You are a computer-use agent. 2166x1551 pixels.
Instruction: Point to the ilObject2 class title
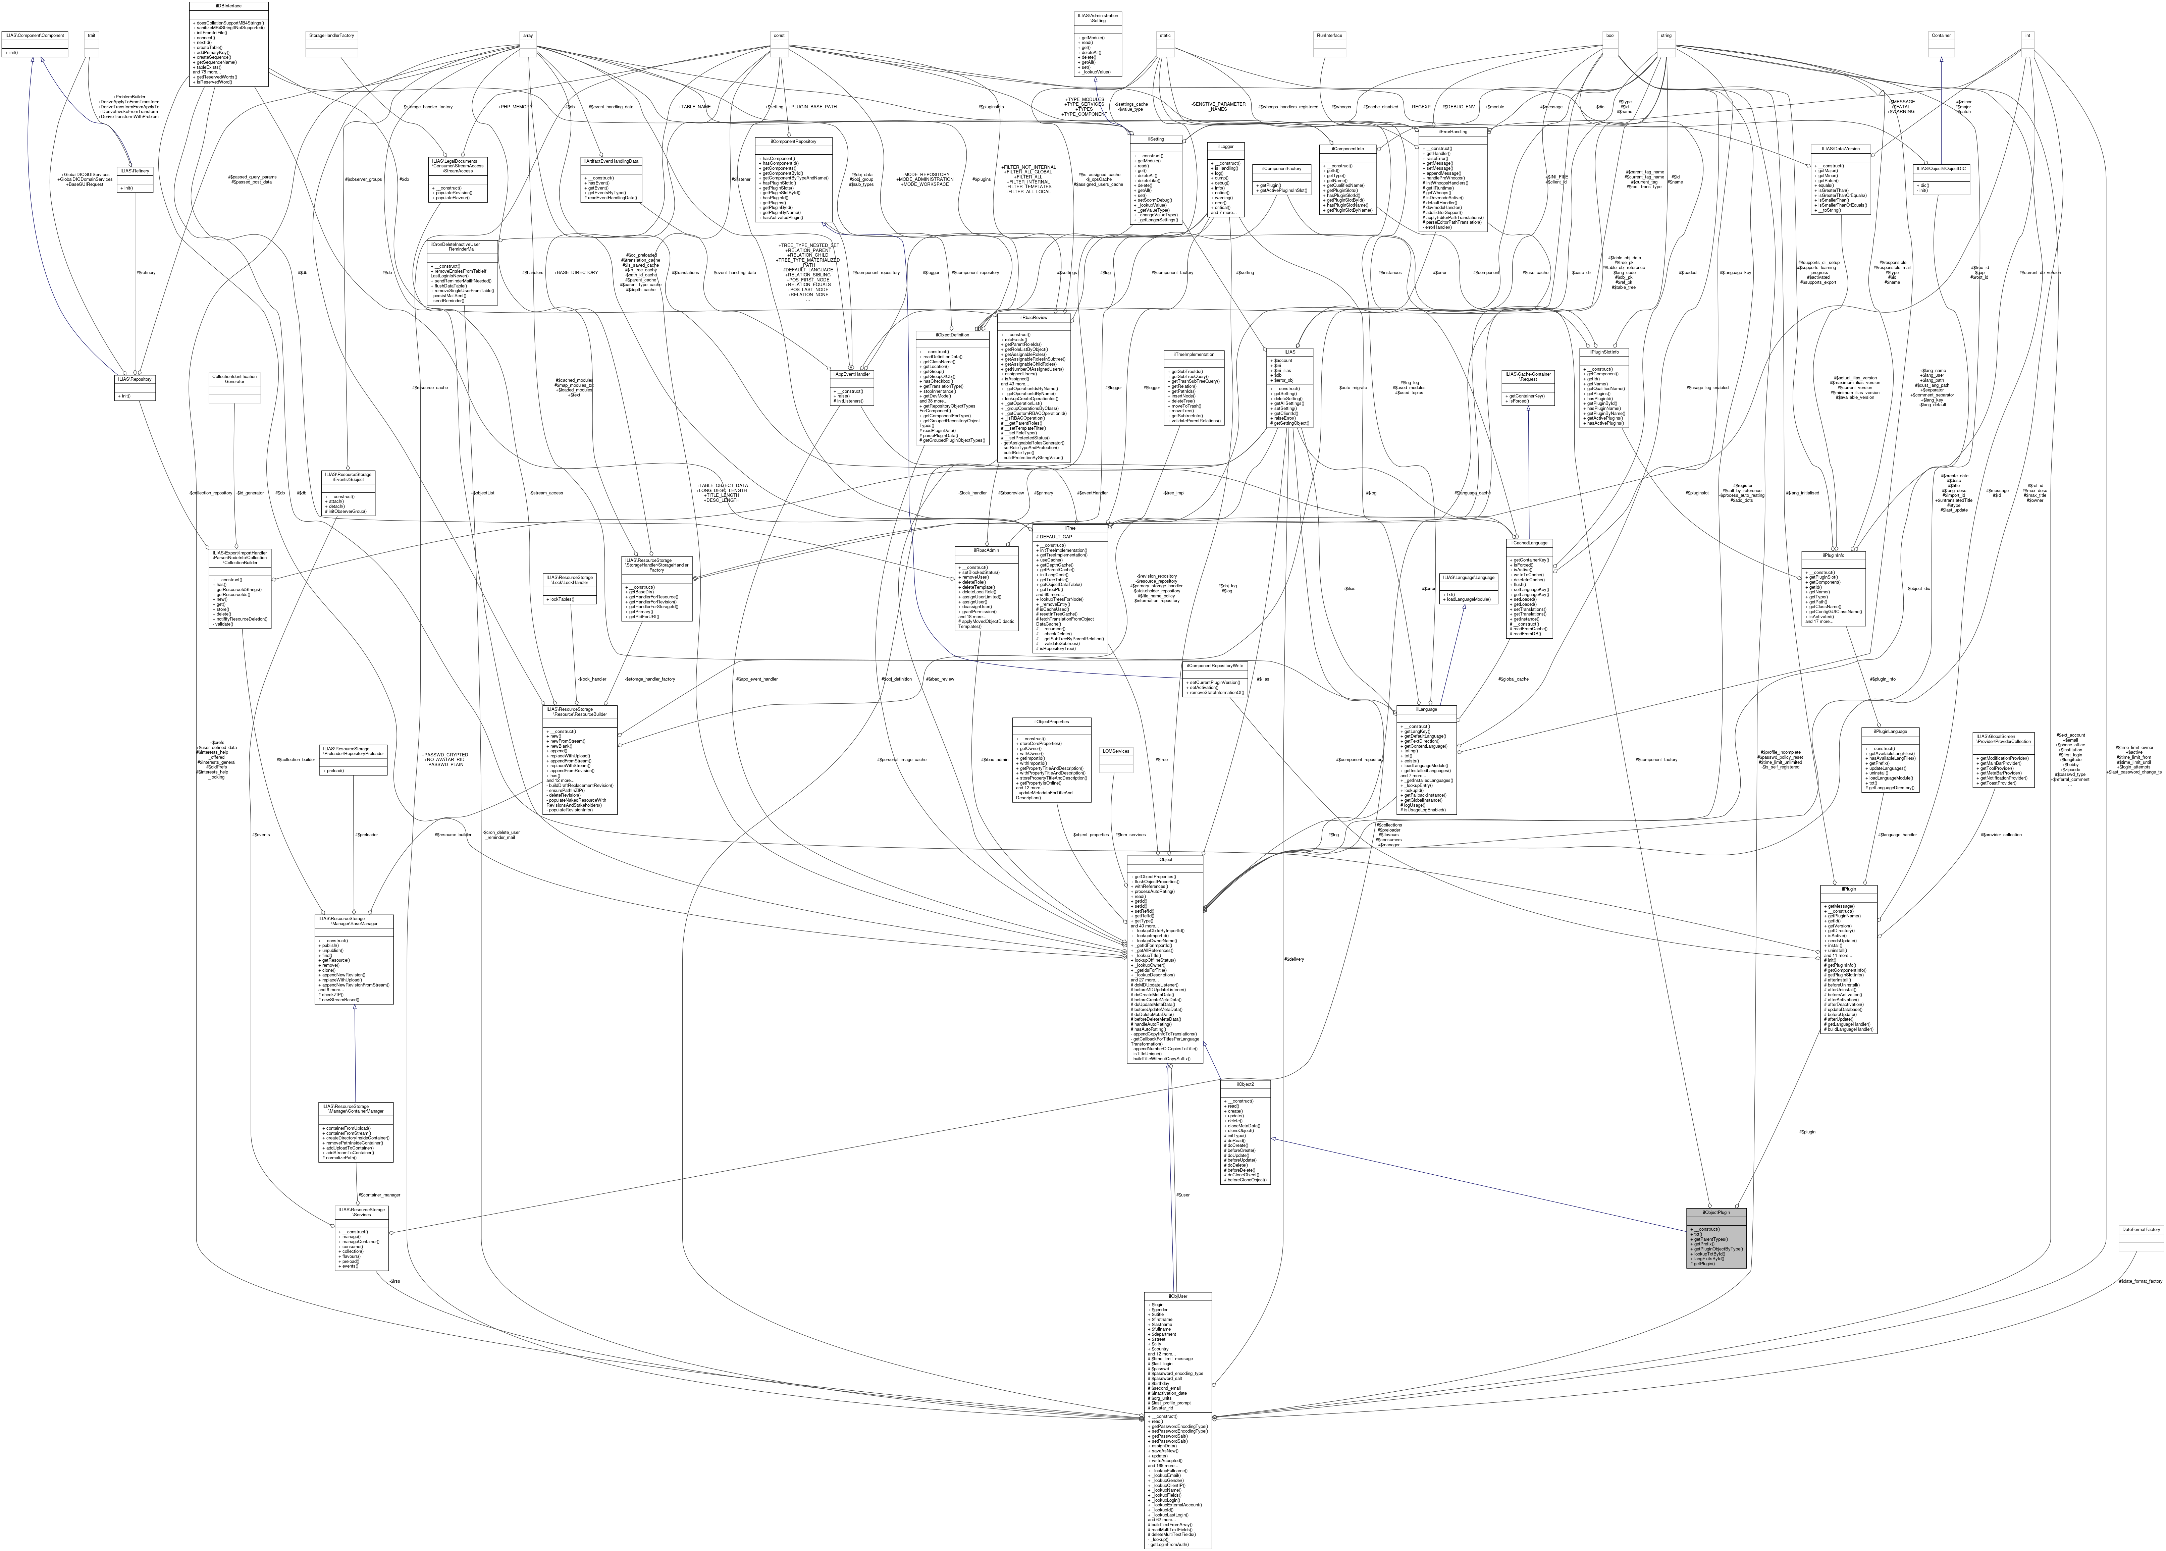click(1245, 1084)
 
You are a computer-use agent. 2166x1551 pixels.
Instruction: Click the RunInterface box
click(1329, 35)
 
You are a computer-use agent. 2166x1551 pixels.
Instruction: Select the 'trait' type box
click(92, 35)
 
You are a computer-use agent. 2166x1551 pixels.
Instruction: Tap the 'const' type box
click(779, 35)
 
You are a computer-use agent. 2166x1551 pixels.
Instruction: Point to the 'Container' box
click(1941, 35)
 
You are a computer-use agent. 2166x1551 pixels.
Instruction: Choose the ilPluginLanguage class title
click(1890, 732)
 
